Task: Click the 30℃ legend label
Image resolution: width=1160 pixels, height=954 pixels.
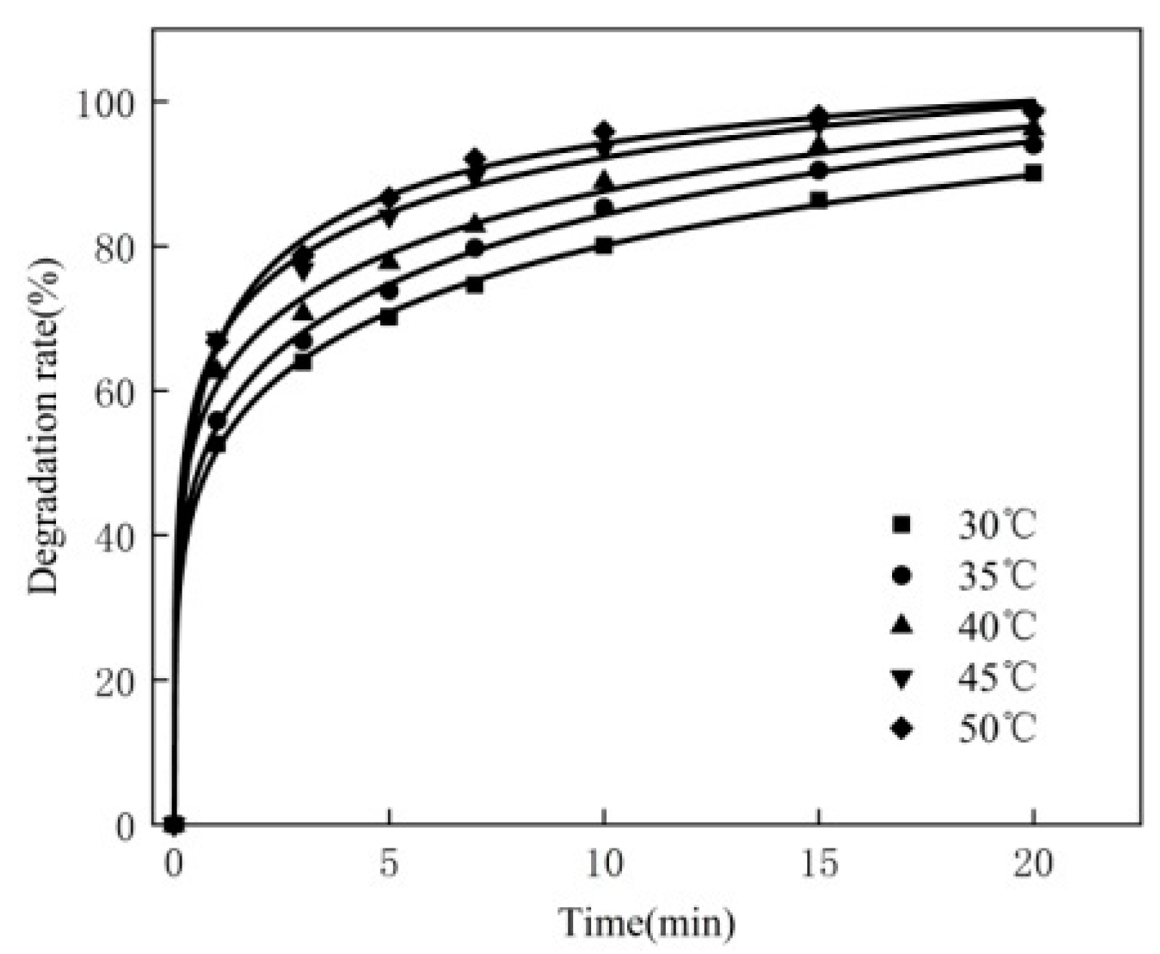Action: point(996,526)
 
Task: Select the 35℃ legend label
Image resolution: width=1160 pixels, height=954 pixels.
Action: point(996,575)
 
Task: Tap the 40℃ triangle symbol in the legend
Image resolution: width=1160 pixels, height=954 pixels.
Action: point(901,625)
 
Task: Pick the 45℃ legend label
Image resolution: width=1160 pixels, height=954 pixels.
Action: point(996,677)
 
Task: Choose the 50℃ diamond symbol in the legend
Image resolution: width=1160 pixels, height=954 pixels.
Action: point(901,728)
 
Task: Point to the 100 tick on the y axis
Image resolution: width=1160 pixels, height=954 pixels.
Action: point(108,103)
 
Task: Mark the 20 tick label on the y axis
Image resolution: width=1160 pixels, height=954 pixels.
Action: point(115,680)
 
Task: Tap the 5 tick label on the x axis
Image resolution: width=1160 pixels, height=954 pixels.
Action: point(389,864)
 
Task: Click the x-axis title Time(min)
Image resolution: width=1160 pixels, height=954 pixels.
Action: point(646,923)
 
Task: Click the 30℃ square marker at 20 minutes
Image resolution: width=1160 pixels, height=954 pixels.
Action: point(1034,173)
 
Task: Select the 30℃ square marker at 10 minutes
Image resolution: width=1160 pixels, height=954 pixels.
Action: point(604,246)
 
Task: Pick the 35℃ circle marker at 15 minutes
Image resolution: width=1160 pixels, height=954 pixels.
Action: point(818,171)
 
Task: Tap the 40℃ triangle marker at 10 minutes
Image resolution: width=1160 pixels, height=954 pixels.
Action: point(604,180)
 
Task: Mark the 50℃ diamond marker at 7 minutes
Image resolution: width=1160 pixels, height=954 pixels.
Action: point(475,159)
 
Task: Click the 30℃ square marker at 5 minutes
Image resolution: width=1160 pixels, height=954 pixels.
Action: point(389,317)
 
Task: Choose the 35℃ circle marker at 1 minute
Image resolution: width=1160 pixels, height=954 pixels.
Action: point(217,421)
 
